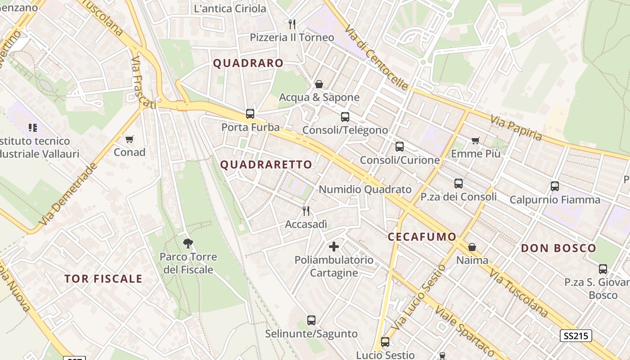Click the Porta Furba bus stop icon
(x=250, y=114)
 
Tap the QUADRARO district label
(x=248, y=63)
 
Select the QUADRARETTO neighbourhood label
(x=266, y=165)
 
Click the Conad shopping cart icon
(x=130, y=139)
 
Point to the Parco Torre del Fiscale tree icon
(x=188, y=243)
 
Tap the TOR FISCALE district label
(x=103, y=279)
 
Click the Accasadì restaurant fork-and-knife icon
(x=306, y=210)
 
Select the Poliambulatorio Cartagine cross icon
(x=334, y=246)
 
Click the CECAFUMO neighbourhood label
(x=422, y=237)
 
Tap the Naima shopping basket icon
(x=472, y=247)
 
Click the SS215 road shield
(x=576, y=336)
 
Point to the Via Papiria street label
(x=516, y=128)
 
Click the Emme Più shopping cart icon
(x=476, y=140)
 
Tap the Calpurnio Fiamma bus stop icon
(x=555, y=186)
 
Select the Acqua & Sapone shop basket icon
(x=319, y=84)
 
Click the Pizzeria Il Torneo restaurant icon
(x=292, y=24)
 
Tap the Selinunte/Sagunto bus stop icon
(x=311, y=320)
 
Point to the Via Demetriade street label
(x=68, y=194)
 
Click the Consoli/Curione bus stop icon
(x=400, y=147)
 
